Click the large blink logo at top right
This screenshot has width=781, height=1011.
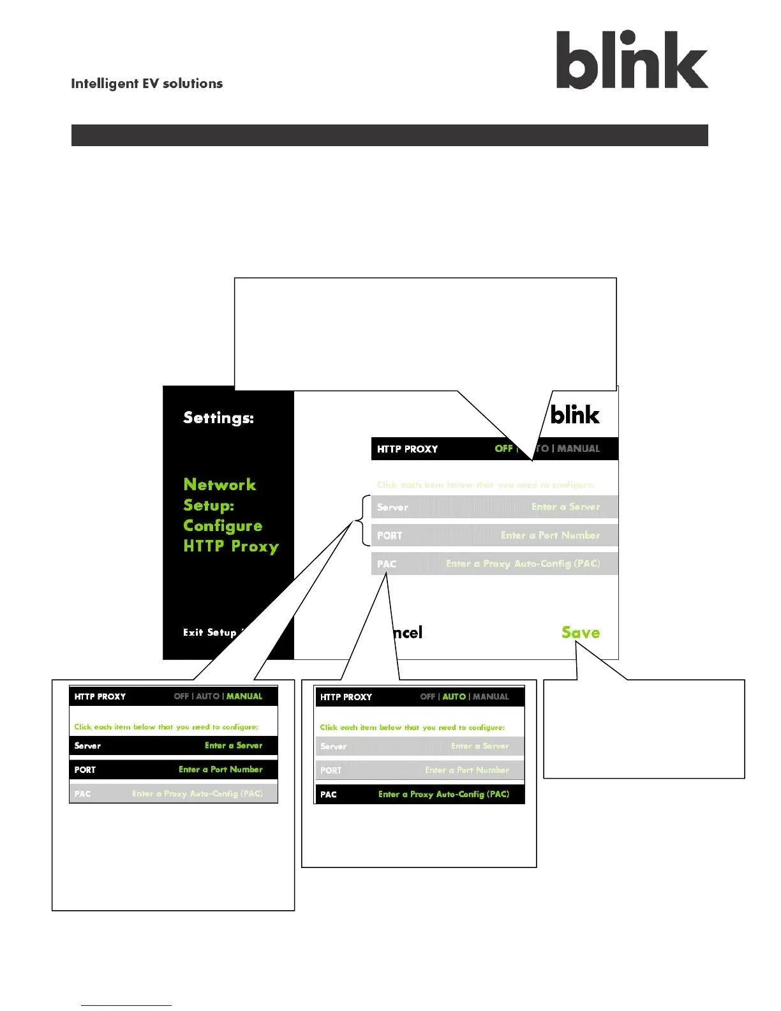click(x=632, y=60)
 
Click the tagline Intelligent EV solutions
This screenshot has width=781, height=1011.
click(x=147, y=84)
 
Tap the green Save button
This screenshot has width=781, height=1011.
click(x=581, y=633)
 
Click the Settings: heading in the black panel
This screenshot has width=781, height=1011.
click(x=218, y=417)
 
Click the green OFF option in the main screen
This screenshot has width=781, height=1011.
click(x=503, y=449)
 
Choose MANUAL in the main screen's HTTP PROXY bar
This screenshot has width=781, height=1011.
click(x=578, y=449)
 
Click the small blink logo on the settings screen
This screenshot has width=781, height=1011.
click(x=575, y=415)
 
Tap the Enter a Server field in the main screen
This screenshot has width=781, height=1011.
click(x=565, y=507)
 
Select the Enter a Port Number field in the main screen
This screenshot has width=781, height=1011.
click(x=550, y=535)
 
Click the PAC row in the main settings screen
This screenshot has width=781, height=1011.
click(x=495, y=564)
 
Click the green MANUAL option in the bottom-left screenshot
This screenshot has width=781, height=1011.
click(x=244, y=696)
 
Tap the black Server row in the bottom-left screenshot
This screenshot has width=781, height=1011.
click(x=174, y=745)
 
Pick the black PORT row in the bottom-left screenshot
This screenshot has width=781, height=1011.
click(x=174, y=770)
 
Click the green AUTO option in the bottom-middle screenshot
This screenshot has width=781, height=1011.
click(x=454, y=697)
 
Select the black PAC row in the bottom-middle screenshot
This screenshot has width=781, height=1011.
click(x=420, y=795)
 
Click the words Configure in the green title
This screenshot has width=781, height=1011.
click(x=223, y=526)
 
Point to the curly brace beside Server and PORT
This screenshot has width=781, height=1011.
click(x=364, y=521)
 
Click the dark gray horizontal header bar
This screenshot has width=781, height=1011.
click(x=389, y=135)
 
